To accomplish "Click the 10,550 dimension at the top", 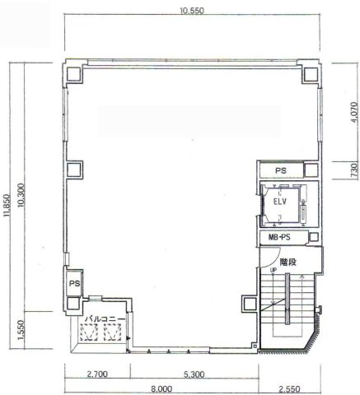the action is pos(192,11).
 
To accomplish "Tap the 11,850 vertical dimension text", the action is pos(7,206).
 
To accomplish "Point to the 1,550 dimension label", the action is pos(21,330).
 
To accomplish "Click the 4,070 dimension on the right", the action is pos(354,112).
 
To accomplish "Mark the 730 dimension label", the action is pos(354,170).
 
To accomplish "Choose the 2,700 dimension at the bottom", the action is pos(97,374).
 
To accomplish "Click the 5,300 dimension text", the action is pos(194,374).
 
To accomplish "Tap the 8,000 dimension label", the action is pos(161,389).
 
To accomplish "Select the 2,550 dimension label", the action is pos(289,389).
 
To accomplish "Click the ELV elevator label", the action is pos(280,202).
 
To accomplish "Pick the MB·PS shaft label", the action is pos(279,237).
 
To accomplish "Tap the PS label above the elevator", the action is pos(281,170).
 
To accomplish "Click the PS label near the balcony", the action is pos(74,283).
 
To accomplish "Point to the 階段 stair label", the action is pos(288,263).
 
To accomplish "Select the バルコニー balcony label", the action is pos(105,319).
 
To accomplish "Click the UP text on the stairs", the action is pos(274,270).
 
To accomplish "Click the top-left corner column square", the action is pos(73,74).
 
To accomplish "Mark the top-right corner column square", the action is pos(311,74).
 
